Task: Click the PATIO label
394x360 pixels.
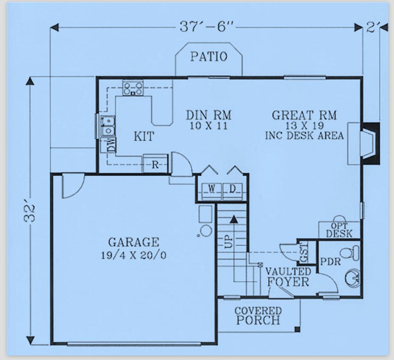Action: pyautogui.click(x=209, y=57)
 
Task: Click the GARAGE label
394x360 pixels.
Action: pyautogui.click(x=134, y=242)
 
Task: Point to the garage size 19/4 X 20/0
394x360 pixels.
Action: pyautogui.click(x=134, y=255)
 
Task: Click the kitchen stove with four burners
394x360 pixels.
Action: pyautogui.click(x=133, y=88)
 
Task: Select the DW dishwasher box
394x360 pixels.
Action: pyautogui.click(x=109, y=145)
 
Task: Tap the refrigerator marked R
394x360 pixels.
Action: pyautogui.click(x=155, y=164)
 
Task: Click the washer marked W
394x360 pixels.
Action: pyautogui.click(x=212, y=190)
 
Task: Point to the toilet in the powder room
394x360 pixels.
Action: pyautogui.click(x=349, y=253)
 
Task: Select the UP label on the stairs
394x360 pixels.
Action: pyautogui.click(x=228, y=241)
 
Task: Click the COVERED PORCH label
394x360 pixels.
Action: pyautogui.click(x=258, y=316)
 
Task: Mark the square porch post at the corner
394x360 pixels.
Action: pyautogui.click(x=298, y=329)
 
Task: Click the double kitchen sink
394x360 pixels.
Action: pyautogui.click(x=107, y=125)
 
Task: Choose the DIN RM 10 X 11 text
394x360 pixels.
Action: pyautogui.click(x=209, y=120)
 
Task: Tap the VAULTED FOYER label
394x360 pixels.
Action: pyautogui.click(x=288, y=277)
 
